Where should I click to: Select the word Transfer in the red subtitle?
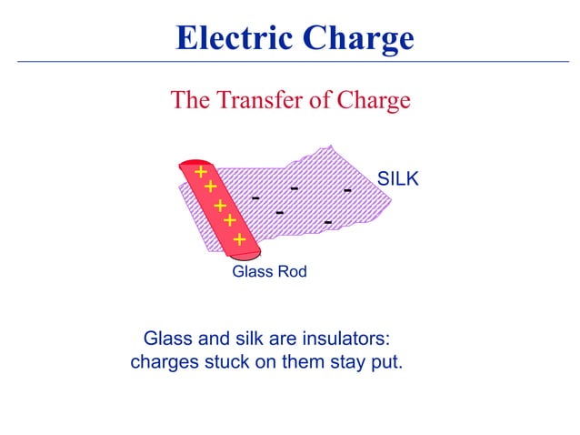257,99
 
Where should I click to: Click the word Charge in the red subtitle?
373,99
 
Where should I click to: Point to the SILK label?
398,179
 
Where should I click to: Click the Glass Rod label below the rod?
269,272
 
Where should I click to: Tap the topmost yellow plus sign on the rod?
200,172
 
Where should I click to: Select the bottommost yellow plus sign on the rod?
239,239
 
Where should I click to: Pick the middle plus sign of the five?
220,206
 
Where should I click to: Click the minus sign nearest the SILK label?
347,191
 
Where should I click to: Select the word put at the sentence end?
383,363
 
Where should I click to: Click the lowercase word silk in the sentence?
251,339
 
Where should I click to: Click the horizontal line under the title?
290,62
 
